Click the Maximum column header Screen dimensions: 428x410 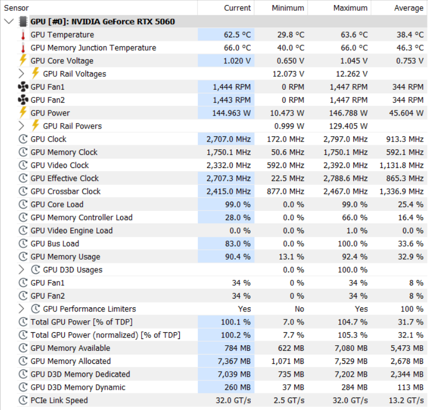(x=350, y=8)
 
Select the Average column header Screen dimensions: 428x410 (x=409, y=8)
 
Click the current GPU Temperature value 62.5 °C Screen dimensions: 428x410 (x=237, y=35)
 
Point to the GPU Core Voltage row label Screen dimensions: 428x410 (x=62, y=61)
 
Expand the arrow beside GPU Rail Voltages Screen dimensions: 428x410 (x=21, y=74)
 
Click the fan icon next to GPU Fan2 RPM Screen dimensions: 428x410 (x=23, y=100)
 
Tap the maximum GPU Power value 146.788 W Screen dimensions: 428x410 (x=348, y=113)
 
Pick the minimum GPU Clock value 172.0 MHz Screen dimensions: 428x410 (x=286, y=139)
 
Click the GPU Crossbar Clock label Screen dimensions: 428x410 (x=65, y=191)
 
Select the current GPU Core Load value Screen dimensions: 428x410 (x=238, y=204)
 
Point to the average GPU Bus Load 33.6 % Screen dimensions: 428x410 (x=410, y=244)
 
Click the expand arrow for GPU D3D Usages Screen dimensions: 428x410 (x=21, y=270)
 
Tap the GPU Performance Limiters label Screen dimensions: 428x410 (x=90, y=309)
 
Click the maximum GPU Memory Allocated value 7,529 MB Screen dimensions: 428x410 (x=351, y=361)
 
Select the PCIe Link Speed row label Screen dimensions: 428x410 (x=59, y=401)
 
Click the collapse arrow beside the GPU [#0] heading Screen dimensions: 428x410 (x=9, y=21)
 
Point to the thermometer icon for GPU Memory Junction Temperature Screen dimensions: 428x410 (x=23, y=48)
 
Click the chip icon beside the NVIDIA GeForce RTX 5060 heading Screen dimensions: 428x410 (x=23, y=22)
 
